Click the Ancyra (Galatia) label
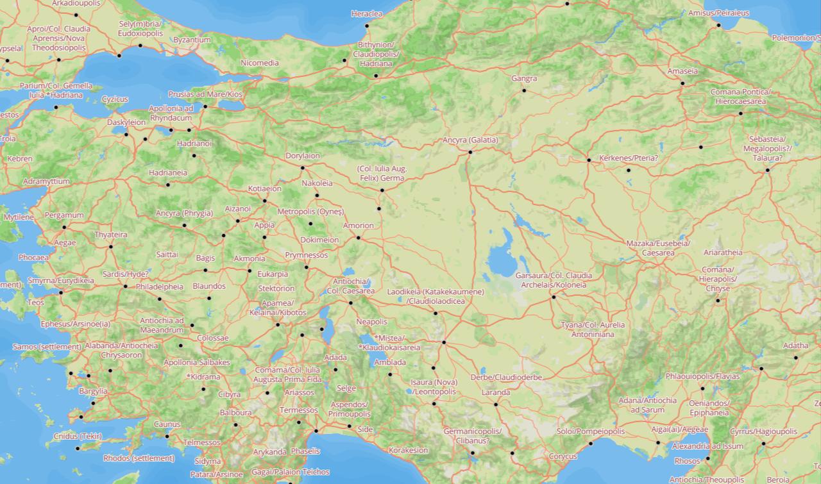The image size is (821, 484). (470, 140)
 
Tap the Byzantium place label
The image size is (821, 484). (191, 40)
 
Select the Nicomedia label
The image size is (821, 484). (259, 63)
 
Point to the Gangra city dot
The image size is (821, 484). (524, 90)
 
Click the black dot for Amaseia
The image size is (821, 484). (683, 83)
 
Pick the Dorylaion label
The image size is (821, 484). (302, 156)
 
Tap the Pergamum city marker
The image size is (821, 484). (64, 227)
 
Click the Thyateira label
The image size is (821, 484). (111, 235)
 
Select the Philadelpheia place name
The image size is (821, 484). (159, 287)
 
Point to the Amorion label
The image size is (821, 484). (358, 226)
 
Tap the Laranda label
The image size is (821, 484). (496, 392)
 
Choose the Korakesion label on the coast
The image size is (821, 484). (408, 450)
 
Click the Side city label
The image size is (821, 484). (365, 430)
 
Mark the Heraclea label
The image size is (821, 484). (366, 13)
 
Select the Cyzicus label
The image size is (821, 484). (115, 99)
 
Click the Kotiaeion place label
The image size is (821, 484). (264, 189)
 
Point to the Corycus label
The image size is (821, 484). (563, 456)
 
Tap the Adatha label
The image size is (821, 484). (795, 346)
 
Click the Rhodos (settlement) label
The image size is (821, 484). (139, 458)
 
